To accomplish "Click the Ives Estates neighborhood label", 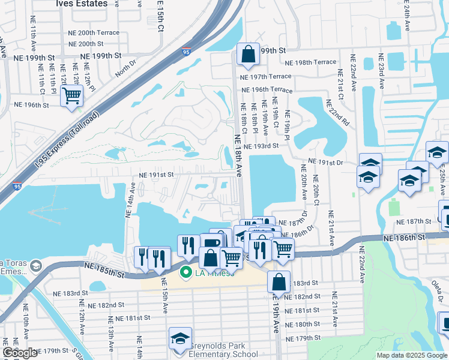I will click(82, 4).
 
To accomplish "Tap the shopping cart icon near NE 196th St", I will click(71, 95).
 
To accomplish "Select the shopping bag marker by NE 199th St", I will click(248, 55).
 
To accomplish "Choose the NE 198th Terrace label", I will click(311, 62).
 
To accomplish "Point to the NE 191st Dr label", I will click(325, 163).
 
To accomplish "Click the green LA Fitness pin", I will click(185, 273).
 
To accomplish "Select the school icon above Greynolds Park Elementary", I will click(179, 339).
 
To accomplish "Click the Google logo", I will click(20, 352).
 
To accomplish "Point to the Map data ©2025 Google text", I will click(411, 355).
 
